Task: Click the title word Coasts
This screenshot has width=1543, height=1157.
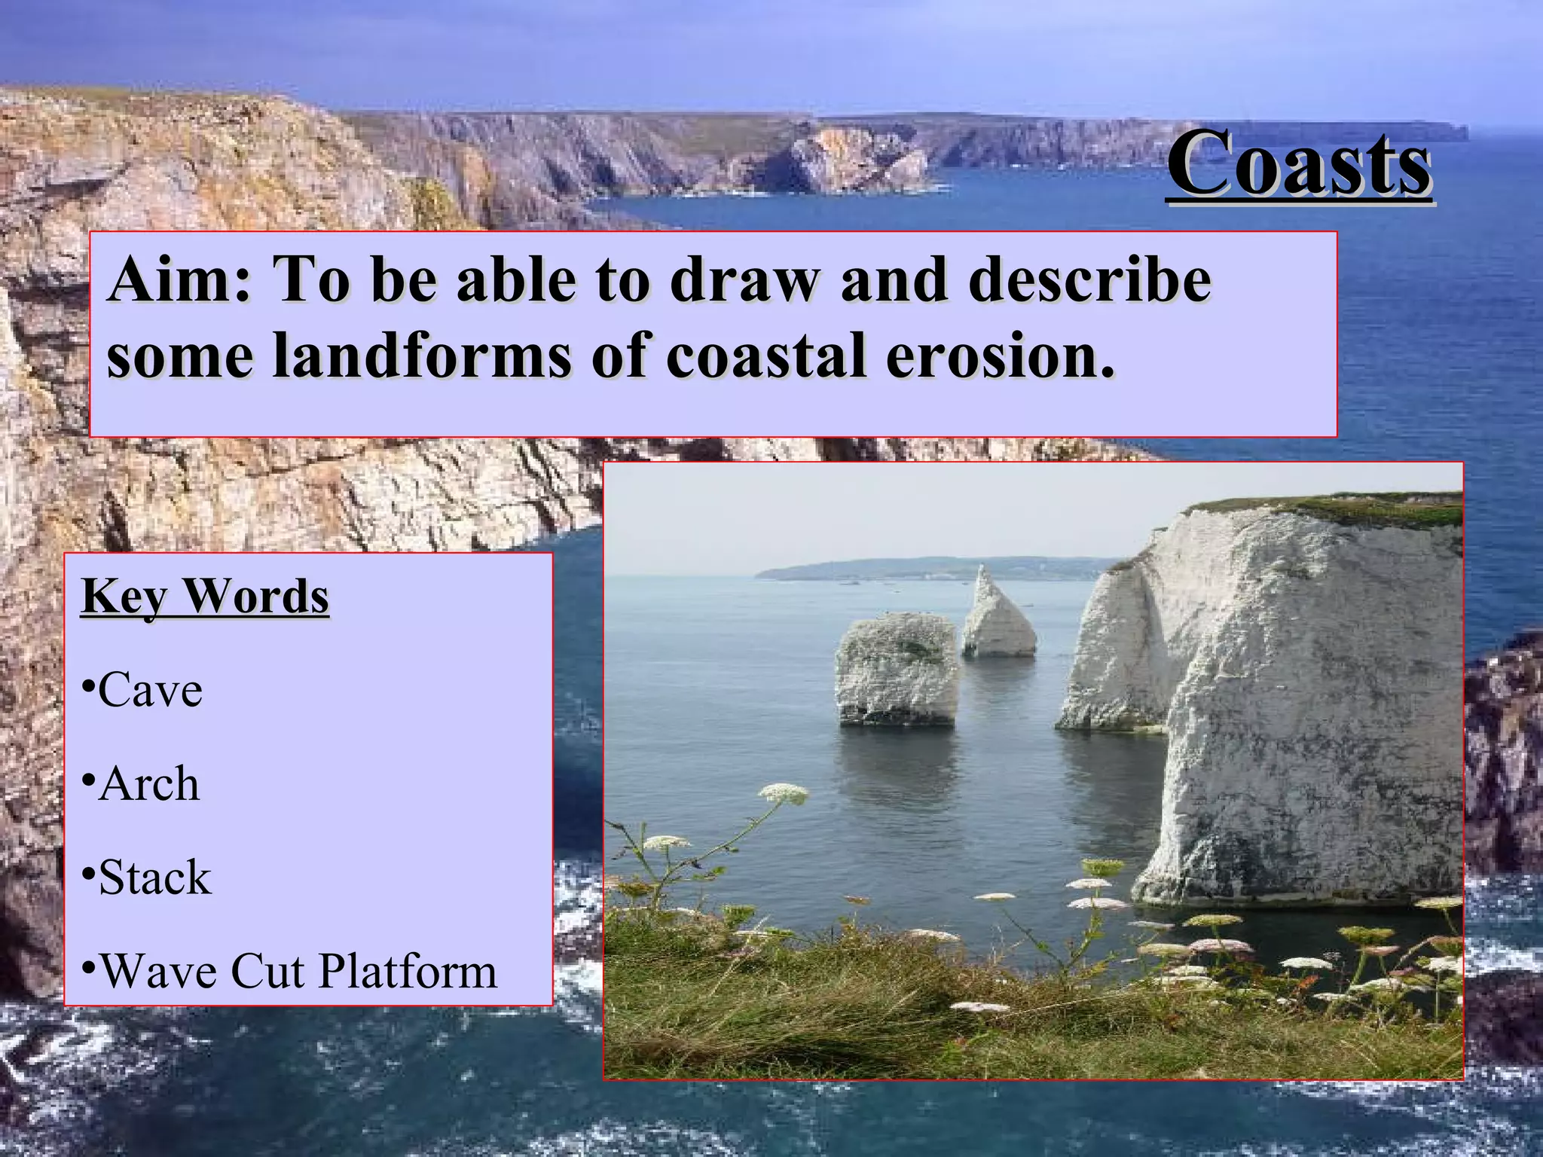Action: point(1300,164)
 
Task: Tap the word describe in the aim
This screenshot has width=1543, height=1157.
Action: point(1089,280)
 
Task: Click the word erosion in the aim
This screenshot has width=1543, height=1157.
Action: point(999,356)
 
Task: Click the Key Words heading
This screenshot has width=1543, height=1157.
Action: point(205,597)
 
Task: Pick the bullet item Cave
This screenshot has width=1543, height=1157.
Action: point(150,690)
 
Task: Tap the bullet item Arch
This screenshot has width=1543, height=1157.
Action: point(148,784)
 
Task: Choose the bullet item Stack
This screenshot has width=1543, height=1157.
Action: point(154,878)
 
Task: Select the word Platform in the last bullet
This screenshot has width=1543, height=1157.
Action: point(408,971)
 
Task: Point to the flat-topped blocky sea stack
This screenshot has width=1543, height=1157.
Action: point(897,667)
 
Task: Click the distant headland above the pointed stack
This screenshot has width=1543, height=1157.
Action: point(942,566)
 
